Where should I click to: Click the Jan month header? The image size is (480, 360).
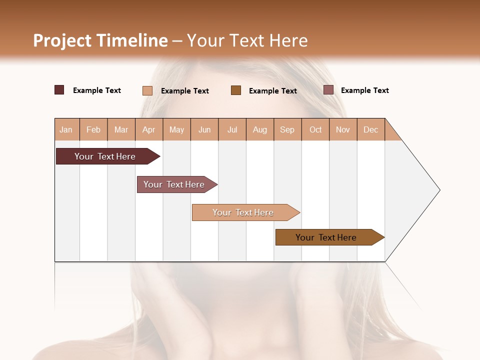66,129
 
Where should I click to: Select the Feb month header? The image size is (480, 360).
93,129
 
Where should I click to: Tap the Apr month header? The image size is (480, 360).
148,129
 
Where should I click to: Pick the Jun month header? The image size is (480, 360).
204,129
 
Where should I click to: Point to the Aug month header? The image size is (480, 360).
259,129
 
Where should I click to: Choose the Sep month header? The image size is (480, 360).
287,129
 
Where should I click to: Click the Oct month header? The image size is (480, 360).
315,129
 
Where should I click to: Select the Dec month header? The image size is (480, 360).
370,129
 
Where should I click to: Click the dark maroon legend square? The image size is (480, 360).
59,90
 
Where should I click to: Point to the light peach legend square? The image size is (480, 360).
147,90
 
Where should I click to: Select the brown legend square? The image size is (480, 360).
236,90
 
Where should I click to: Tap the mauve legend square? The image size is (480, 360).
328,90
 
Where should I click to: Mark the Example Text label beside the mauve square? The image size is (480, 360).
364,90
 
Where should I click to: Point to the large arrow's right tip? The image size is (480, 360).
439,190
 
